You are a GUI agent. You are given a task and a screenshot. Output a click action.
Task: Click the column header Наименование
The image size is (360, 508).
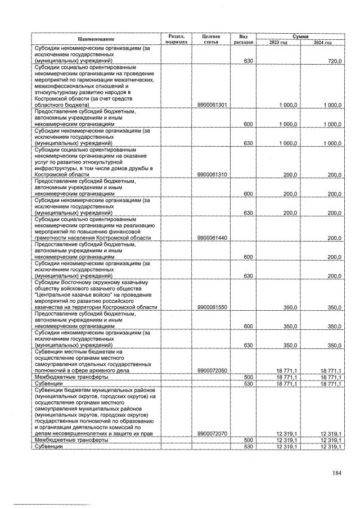tap(96, 39)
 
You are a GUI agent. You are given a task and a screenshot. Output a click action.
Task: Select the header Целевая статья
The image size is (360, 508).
tap(211, 39)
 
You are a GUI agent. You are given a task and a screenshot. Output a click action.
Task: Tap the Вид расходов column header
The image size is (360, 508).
tap(244, 39)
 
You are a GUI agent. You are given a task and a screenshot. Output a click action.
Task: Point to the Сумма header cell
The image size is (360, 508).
tap(300, 36)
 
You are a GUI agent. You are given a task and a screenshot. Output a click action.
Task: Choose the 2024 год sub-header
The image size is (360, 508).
tap(322, 43)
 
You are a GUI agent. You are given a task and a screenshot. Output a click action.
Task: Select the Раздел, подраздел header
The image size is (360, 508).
tap(176, 39)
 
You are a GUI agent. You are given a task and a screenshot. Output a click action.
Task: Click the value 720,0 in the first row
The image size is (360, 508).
tap(334, 61)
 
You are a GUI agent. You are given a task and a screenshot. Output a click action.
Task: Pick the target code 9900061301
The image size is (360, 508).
tap(211, 105)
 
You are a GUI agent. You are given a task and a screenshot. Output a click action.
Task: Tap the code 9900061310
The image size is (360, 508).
tap(211, 175)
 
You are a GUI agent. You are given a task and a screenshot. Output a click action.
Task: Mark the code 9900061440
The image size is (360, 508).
tap(211, 238)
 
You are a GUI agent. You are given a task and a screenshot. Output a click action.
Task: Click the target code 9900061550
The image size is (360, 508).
tap(211, 308)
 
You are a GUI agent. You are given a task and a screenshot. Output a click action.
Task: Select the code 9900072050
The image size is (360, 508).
tap(211, 371)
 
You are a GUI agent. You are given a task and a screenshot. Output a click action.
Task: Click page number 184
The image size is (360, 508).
tap(336, 473)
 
